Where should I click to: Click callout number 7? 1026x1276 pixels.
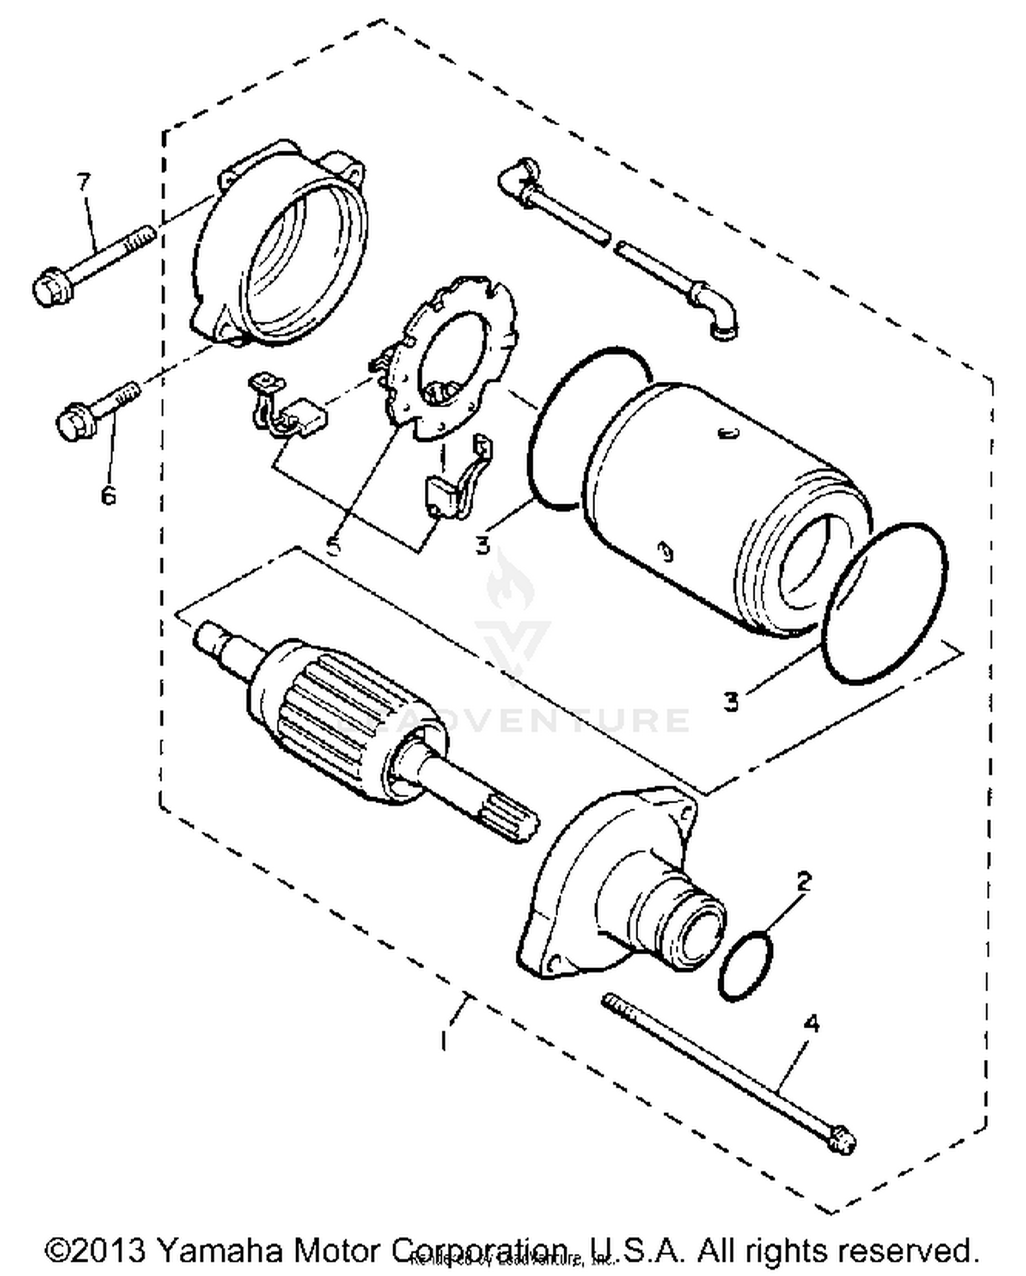[83, 183]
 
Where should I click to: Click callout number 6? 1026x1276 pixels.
[108, 494]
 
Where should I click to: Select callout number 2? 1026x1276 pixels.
[804, 881]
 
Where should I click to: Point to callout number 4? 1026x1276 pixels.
[812, 1024]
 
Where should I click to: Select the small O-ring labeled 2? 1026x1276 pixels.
[746, 965]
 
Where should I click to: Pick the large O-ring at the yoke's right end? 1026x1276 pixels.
[884, 602]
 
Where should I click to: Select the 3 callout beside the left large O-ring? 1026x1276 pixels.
[484, 545]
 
